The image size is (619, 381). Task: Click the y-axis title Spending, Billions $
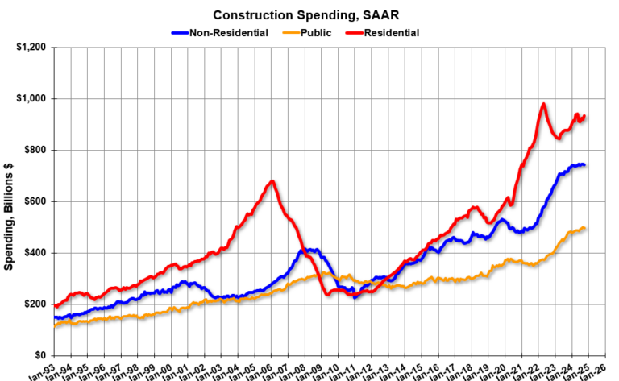tap(9, 201)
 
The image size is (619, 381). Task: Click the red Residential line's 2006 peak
tap(272, 181)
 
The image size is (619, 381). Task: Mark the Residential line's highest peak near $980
tap(544, 104)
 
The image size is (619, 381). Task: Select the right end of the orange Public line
tap(584, 228)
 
